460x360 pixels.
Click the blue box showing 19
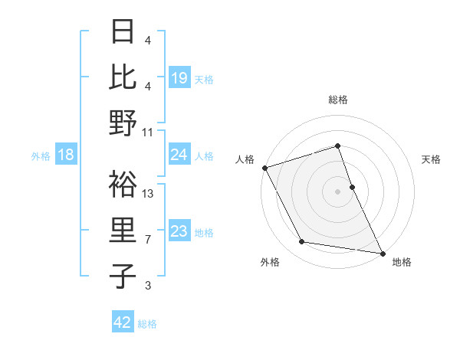(x=179, y=77)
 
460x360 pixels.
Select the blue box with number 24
(x=179, y=155)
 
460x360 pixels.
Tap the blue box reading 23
(x=179, y=231)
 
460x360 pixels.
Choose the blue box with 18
(x=66, y=155)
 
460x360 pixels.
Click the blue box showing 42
(x=123, y=322)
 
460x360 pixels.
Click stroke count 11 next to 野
(x=148, y=133)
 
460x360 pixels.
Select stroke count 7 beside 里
(x=148, y=240)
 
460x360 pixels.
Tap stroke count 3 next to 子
(x=148, y=286)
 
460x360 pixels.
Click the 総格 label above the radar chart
(x=338, y=100)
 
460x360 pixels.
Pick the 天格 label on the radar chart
(x=432, y=159)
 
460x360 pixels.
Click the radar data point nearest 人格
(x=264, y=168)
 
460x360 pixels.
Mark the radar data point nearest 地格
(x=382, y=252)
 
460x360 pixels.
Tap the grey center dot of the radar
(x=338, y=191)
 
